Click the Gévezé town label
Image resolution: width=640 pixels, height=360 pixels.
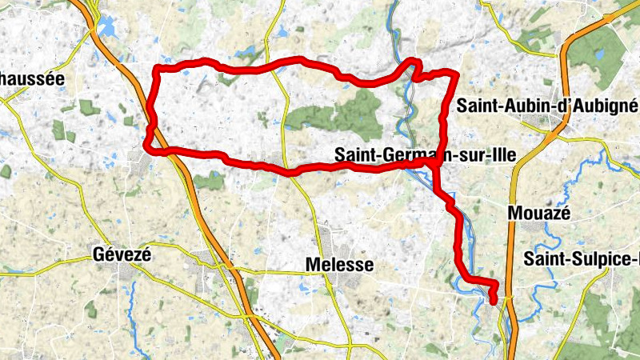[122, 254]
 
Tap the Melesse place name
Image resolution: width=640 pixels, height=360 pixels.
[339, 265]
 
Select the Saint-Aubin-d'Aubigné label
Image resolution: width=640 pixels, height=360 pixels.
[546, 105]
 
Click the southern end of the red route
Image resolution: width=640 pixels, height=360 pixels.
[494, 300]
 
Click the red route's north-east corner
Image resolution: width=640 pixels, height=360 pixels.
[455, 75]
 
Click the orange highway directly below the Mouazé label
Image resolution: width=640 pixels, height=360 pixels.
[513, 240]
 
